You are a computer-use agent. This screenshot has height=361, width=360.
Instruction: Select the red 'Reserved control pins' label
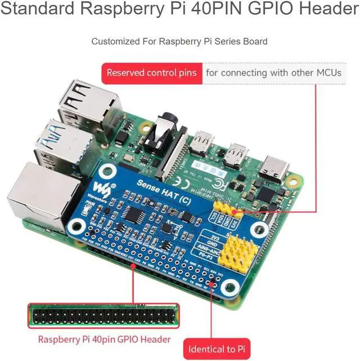click(x=151, y=73)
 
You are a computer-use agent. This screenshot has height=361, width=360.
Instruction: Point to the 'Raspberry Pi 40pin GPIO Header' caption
click(x=104, y=340)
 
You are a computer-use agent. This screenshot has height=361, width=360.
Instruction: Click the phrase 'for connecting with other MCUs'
click(x=273, y=73)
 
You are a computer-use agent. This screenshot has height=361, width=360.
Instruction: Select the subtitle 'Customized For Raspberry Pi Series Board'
click(x=179, y=41)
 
